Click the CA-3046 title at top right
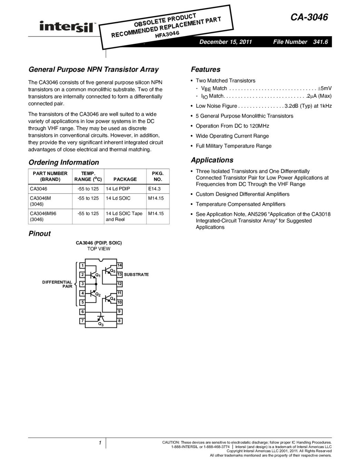tap(309, 17)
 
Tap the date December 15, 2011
tap(226, 42)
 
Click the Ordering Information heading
tap(64, 162)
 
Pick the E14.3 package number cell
tap(154, 189)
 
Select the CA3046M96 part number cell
tap(43, 213)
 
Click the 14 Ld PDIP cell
tap(118, 189)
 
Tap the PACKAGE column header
tap(125, 179)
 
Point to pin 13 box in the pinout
tap(120, 274)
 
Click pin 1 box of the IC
tap(82, 265)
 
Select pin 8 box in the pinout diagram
tap(120, 321)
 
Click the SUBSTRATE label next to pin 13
tap(136, 274)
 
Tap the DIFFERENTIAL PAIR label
tap(57, 284)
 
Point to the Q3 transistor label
tap(101, 324)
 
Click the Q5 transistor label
tap(113, 271)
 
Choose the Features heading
tap(205, 69)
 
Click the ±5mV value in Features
tap(324, 88)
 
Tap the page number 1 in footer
tap(99, 443)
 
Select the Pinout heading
tap(39, 234)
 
